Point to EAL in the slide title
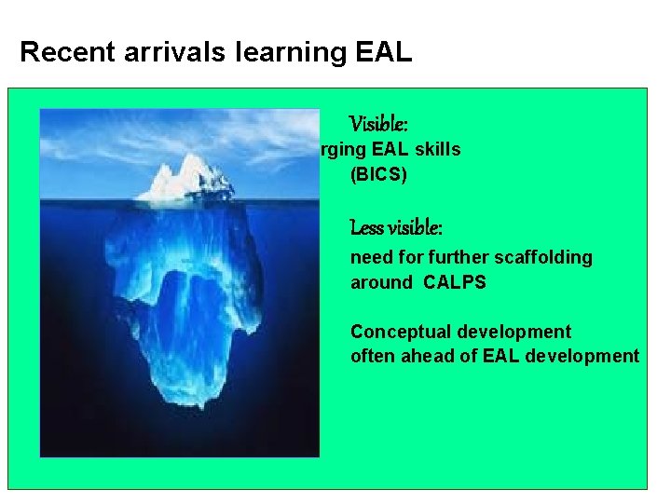383,52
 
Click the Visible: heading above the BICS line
378,124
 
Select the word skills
434,150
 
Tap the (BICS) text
378,174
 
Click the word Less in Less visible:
366,228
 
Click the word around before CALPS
380,282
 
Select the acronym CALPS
454,282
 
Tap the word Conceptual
399,333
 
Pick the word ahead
427,356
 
